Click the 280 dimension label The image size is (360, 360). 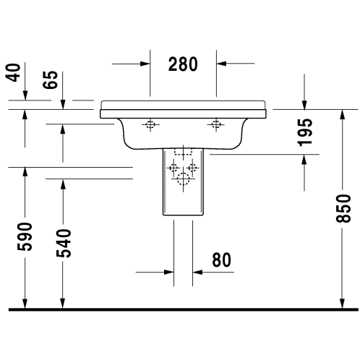tap(183, 64)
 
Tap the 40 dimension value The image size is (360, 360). tap(13, 72)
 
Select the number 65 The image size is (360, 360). tap(51, 80)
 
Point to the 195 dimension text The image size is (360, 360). tap(305, 132)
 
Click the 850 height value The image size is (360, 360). tap(343, 208)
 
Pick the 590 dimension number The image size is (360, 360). tap(25, 237)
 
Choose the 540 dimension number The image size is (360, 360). tap(64, 243)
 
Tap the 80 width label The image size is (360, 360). tap(221, 260)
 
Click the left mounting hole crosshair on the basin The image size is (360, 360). tap(150, 124)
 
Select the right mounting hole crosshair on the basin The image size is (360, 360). tap(216, 124)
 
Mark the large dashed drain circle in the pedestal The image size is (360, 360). tap(183, 179)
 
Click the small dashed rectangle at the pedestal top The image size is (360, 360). tap(183, 152)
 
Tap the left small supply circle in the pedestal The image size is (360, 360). tap(173, 167)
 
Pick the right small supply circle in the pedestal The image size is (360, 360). tap(192, 167)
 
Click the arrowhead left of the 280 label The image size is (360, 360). tap(145, 64)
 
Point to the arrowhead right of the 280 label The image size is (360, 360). tap(221, 64)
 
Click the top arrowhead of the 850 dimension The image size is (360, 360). tap(343, 114)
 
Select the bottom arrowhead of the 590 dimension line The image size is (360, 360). tap(25, 304)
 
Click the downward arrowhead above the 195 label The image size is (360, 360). tap(304, 105)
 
